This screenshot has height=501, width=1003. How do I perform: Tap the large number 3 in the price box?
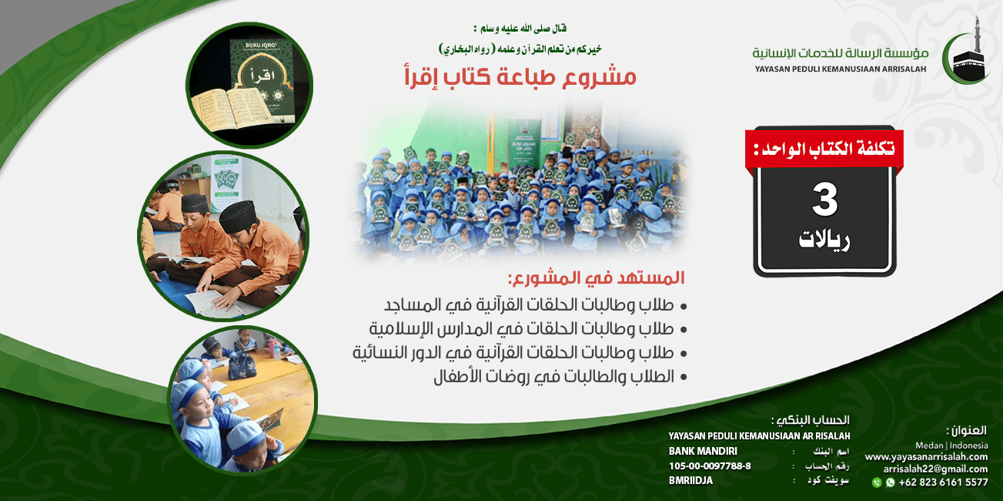coord(824,200)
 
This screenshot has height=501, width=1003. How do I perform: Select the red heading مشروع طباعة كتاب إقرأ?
coord(520,76)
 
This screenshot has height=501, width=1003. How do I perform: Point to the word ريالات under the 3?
coord(824,240)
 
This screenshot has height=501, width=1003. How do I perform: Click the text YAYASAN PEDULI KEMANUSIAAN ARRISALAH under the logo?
coord(841,69)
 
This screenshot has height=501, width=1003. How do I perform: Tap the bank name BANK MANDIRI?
coord(703,451)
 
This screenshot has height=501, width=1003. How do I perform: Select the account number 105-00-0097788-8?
coord(710,466)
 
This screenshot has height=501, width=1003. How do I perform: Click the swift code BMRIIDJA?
coord(690,480)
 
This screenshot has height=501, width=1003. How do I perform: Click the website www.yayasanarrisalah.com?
coord(927,456)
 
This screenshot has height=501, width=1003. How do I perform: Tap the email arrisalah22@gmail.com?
coord(935,469)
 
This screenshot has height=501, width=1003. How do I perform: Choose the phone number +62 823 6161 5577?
coord(943,483)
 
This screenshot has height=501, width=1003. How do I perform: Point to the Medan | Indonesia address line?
coord(951,446)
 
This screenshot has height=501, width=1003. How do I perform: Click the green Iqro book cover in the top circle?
coord(262,74)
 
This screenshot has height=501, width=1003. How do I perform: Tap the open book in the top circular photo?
coord(232,109)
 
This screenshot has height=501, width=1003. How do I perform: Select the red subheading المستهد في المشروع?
coord(597,278)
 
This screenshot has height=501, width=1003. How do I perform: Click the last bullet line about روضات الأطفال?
coord(560,377)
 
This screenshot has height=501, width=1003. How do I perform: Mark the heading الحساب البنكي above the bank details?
coord(810,420)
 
